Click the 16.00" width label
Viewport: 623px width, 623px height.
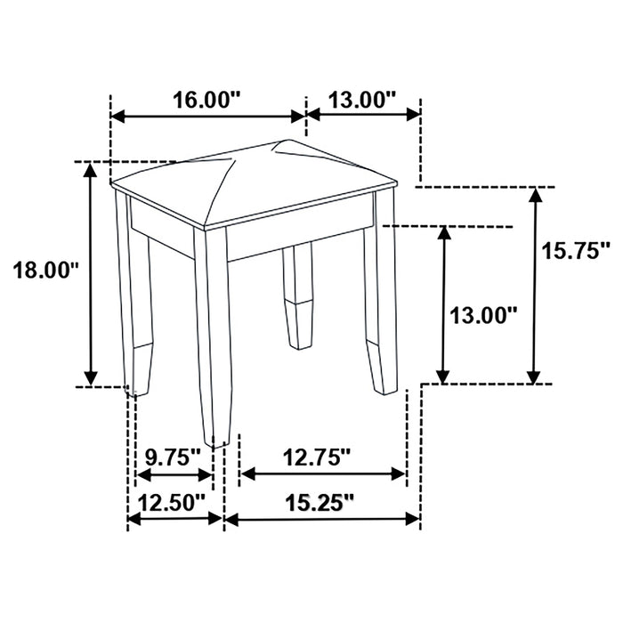coord(207,99)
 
